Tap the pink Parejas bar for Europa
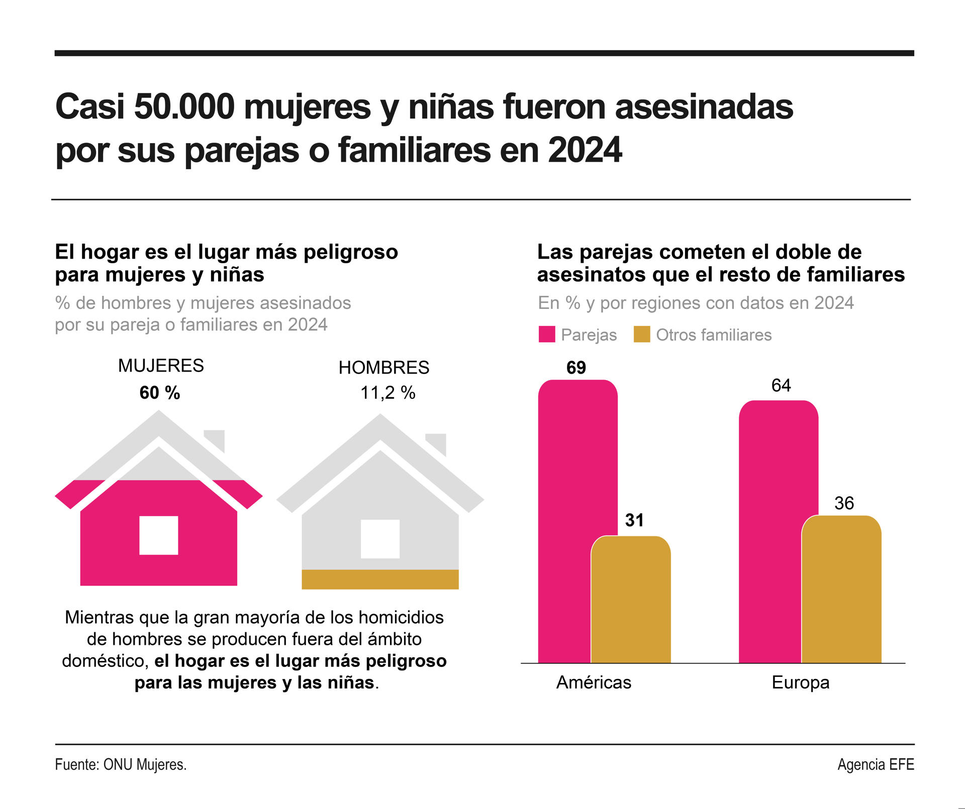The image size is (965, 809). (x=769, y=532)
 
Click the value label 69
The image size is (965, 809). (x=576, y=368)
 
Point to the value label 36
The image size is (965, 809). (x=844, y=503)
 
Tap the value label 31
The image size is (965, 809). (x=634, y=520)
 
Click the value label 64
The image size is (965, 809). (x=781, y=386)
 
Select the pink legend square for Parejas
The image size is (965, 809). (x=546, y=334)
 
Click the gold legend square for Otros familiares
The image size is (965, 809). (x=642, y=334)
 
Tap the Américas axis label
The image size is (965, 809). (x=594, y=682)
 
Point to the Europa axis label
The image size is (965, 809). (x=800, y=682)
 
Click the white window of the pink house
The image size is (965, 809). (x=159, y=535)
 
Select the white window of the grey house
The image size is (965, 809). (x=380, y=539)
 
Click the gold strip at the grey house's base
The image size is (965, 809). (x=380, y=579)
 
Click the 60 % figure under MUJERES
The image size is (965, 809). (x=160, y=393)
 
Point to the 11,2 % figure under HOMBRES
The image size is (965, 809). (x=388, y=393)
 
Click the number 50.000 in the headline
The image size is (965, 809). (x=184, y=107)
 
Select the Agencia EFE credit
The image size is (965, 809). (x=876, y=765)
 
